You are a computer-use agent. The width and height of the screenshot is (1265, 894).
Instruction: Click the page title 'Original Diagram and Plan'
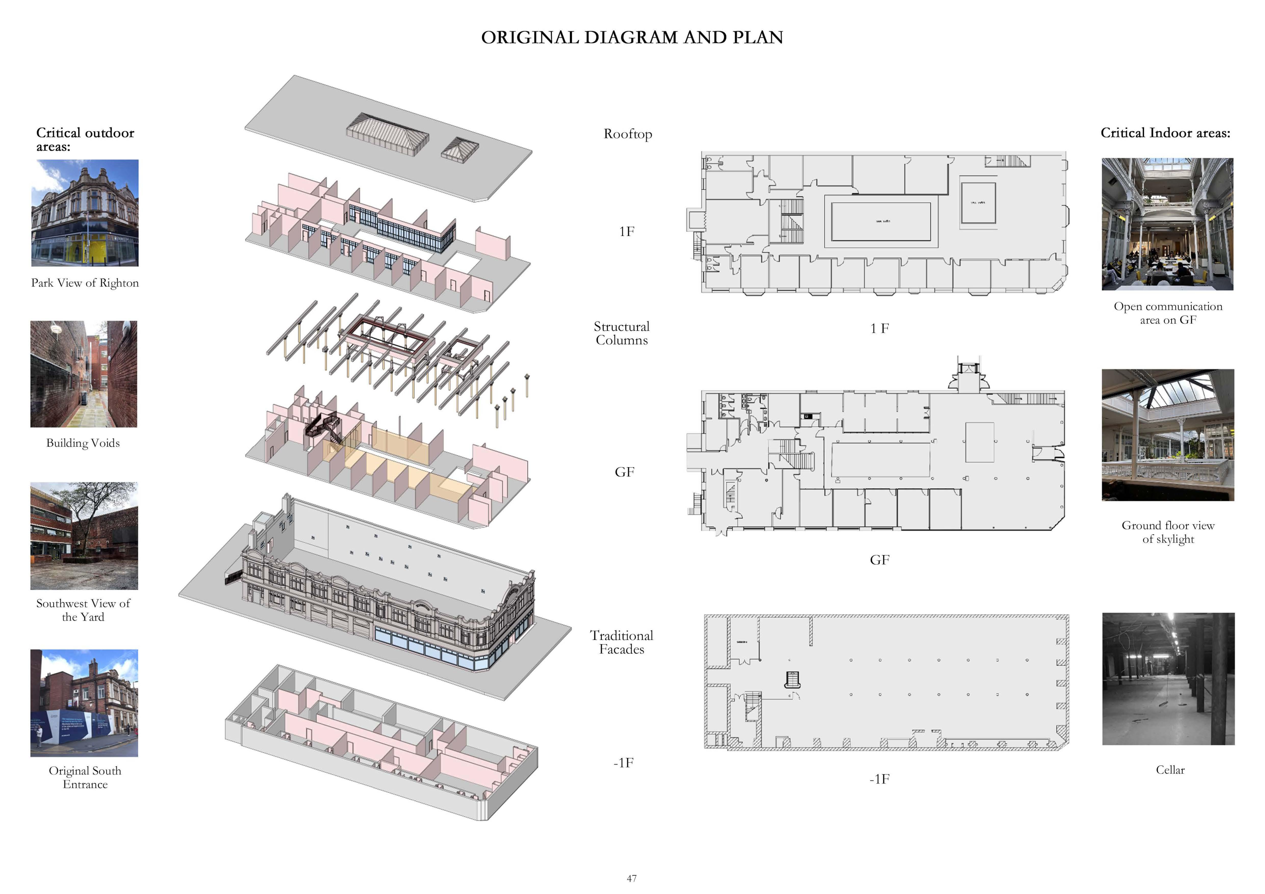pyautogui.click(x=632, y=37)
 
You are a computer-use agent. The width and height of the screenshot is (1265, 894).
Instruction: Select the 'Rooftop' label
pyautogui.click(x=628, y=134)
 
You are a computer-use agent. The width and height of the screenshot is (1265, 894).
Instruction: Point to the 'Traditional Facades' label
pyautogui.click(x=621, y=642)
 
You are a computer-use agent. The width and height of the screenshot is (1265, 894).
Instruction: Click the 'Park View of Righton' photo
pyautogui.click(x=85, y=213)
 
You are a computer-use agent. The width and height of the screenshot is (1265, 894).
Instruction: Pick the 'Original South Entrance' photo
pyautogui.click(x=84, y=703)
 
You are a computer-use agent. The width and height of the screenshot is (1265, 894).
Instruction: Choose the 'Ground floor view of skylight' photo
pyautogui.click(x=1168, y=435)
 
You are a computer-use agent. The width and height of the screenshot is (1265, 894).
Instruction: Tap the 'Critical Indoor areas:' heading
pyautogui.click(x=1165, y=133)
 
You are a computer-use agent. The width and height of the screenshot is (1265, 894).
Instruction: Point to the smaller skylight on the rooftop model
pyautogui.click(x=459, y=149)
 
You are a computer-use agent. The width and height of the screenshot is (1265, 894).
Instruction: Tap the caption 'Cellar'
pyautogui.click(x=1170, y=770)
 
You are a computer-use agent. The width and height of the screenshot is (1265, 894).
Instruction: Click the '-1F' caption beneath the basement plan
pyautogui.click(x=879, y=779)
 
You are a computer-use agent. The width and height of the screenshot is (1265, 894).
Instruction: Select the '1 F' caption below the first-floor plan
pyautogui.click(x=879, y=329)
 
